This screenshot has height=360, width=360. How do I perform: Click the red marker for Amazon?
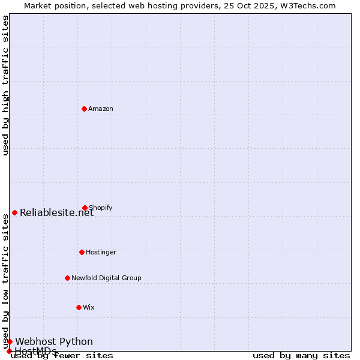tap(84, 109)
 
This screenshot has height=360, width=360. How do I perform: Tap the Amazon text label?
tap(101, 109)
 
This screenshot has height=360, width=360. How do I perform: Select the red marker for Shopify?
tap(85, 208)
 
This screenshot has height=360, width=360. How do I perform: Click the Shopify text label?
tap(101, 208)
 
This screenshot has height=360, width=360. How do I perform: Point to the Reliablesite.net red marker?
tap(14, 212)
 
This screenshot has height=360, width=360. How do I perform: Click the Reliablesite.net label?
tap(57, 212)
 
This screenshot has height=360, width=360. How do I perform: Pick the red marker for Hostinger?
tap(82, 252)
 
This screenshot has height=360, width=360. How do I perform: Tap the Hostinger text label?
tap(101, 253)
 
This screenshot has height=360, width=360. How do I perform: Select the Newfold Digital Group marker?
tap(67, 278)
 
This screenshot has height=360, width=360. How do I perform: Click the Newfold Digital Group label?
tap(106, 278)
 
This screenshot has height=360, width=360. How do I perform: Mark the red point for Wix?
tap(79, 307)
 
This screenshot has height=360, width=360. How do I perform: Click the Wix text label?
tap(89, 308)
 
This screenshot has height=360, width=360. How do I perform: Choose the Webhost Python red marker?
tap(10, 341)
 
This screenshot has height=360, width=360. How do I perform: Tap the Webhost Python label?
tap(54, 342)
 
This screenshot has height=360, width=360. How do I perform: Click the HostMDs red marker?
tap(9, 351)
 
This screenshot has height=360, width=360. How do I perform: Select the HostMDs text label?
tap(35, 351)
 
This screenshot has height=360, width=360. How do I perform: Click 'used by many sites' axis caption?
tap(301, 356)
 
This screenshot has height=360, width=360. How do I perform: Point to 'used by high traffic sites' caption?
tap(6, 85)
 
